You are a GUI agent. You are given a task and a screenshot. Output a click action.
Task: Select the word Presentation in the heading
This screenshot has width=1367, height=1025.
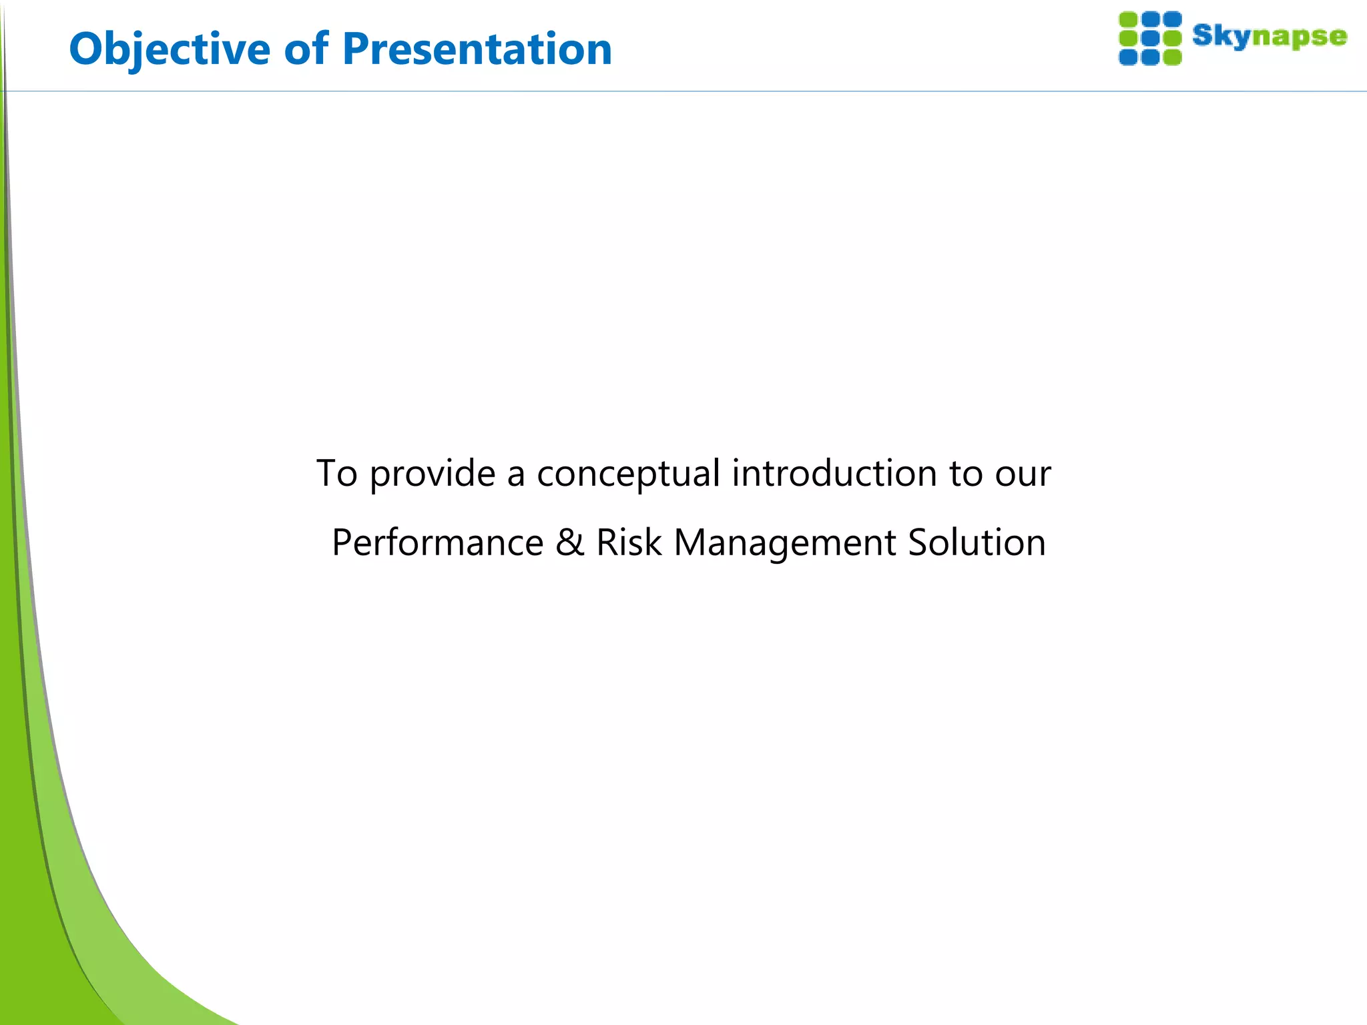pyautogui.click(x=477, y=49)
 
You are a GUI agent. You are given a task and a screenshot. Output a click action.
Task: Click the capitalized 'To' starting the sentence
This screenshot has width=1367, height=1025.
pyautogui.click(x=336, y=473)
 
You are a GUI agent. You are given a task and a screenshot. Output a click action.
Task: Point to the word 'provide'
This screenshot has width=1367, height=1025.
pyautogui.click(x=432, y=474)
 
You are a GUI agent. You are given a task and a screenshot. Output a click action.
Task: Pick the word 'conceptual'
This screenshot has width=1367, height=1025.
pyautogui.click(x=628, y=474)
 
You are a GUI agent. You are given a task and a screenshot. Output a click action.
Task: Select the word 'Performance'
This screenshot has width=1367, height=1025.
pyautogui.click(x=437, y=542)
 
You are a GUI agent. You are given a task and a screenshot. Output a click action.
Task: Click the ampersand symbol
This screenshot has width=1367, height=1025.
pyautogui.click(x=569, y=542)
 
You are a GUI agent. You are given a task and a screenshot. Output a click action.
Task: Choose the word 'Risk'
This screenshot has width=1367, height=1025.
pyautogui.click(x=628, y=542)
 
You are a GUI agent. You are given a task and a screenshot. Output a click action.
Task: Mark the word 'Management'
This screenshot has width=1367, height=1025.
pyautogui.click(x=784, y=543)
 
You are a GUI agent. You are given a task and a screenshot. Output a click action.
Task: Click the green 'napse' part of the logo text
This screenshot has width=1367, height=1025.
pyautogui.click(x=1299, y=37)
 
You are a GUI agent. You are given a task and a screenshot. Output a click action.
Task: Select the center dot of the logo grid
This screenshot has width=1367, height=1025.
pyautogui.click(x=1150, y=38)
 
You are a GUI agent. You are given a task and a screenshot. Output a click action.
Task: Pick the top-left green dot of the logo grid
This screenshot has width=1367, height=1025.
pyautogui.click(x=1128, y=19)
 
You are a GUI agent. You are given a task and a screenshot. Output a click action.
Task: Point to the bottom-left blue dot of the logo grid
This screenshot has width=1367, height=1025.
pyautogui.click(x=1128, y=57)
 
